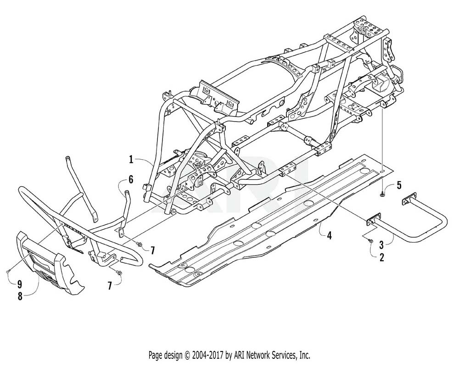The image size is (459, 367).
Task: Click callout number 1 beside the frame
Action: (131, 160)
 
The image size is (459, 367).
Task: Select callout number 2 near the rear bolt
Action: (382, 257)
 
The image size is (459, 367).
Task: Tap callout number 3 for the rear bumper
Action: (382, 245)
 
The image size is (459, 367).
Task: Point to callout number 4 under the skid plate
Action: (329, 235)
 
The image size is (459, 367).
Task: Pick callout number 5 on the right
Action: (399, 185)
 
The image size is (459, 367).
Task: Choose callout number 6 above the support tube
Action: (130, 179)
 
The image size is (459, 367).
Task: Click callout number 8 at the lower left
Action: (20, 296)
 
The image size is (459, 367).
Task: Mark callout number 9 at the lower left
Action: (20, 284)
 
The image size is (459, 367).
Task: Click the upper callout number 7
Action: (152, 250)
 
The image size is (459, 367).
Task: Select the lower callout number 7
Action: (110, 285)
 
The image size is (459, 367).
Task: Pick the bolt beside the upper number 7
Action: (140, 244)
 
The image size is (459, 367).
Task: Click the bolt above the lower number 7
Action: (119, 272)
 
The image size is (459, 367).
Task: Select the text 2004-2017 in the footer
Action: (208, 355)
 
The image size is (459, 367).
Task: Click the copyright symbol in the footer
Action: (187, 356)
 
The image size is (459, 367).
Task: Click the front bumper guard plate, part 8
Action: (48, 263)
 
